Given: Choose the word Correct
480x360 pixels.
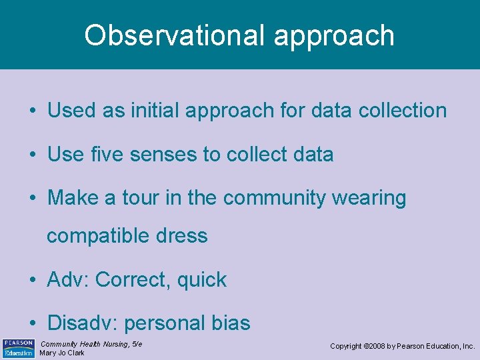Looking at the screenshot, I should click(x=133, y=280).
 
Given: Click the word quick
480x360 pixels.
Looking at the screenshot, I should click(x=202, y=281).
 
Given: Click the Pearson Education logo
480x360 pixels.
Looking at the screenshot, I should click(x=18, y=348).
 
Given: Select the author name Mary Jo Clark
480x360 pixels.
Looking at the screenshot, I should click(x=62, y=353).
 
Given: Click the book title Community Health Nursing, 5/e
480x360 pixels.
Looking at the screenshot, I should click(x=91, y=344).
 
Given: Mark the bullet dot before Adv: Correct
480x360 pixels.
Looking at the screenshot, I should click(x=33, y=281).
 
